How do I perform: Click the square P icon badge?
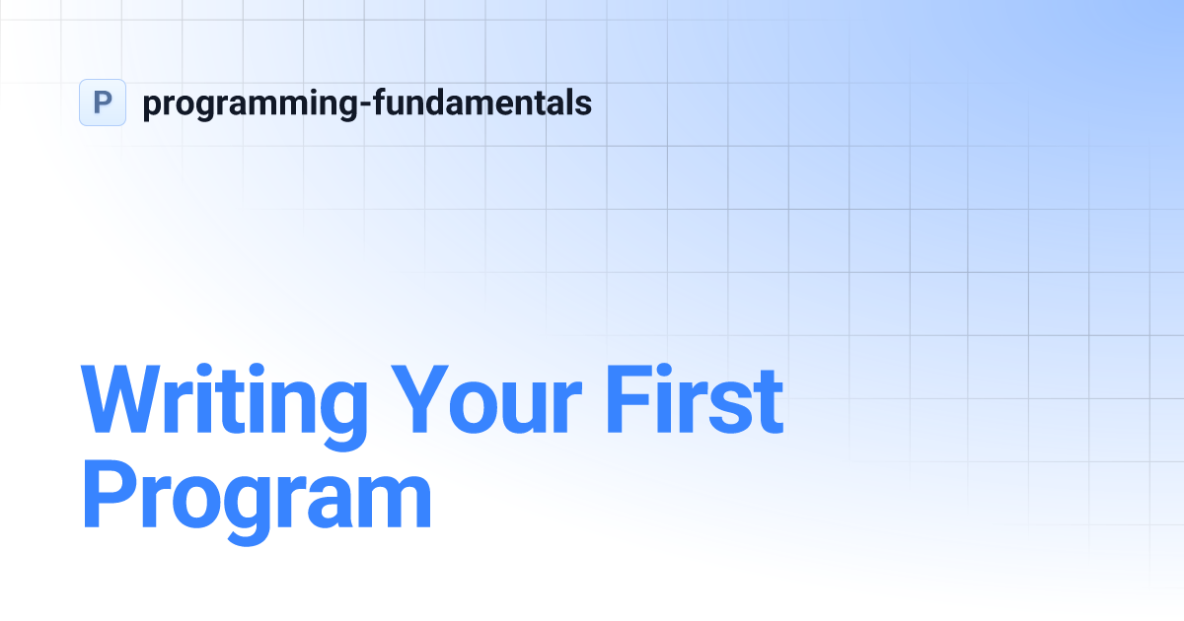coord(103,103)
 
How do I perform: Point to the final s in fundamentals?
coord(584,104)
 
